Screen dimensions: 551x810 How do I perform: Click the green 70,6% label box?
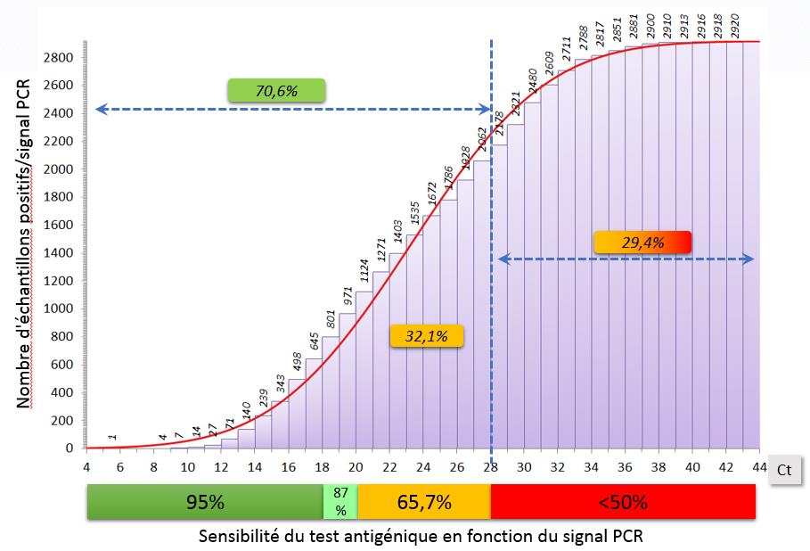276,90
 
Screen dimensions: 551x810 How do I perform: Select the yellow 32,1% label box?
426,335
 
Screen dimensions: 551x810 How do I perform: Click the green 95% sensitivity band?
204,502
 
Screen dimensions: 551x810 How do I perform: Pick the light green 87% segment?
340,502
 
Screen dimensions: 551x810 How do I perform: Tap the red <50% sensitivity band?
623,502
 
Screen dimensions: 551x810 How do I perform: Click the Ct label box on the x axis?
784,469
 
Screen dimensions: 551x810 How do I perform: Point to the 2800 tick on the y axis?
57,57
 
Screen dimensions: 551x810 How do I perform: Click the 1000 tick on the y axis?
57,309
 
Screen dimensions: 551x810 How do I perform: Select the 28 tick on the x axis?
492,466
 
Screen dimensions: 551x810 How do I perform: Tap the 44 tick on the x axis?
760,466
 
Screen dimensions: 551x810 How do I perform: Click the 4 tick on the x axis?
86,466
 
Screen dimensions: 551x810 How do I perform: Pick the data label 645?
314,341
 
